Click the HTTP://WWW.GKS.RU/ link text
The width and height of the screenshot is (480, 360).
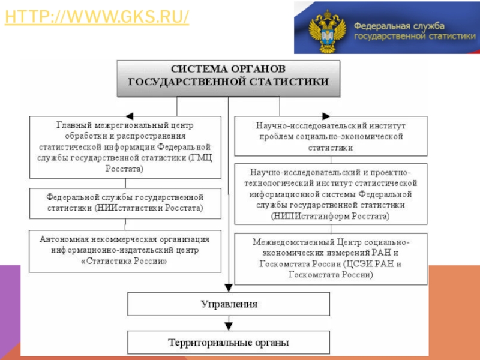pos(97,17)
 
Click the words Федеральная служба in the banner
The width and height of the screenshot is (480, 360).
pos(398,26)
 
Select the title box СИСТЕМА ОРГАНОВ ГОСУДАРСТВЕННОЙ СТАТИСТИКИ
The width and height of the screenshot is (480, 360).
pos(228,77)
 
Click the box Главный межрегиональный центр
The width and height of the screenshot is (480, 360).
pos(125,147)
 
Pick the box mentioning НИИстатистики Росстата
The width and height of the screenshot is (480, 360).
pos(125,202)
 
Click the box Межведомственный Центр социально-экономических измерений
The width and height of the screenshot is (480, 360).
pos(331,259)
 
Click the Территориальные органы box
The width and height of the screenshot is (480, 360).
pos(229,343)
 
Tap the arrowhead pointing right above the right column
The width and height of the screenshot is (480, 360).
pos(326,116)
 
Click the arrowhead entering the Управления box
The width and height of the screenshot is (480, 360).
pos(229,287)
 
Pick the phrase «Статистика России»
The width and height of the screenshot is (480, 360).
pos(125,261)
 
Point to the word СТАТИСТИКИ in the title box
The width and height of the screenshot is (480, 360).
pos(295,82)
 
